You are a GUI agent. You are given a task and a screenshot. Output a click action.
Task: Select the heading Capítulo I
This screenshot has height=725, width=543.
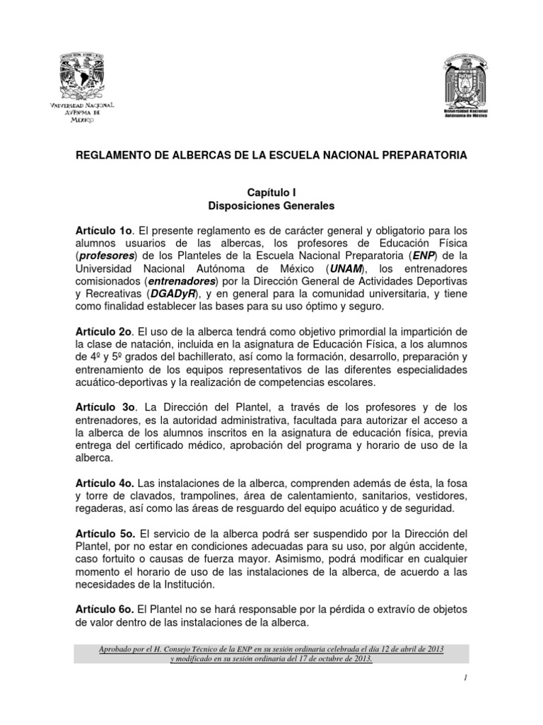(x=271, y=193)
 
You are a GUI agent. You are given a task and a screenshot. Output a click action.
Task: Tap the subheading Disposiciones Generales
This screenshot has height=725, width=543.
(x=271, y=206)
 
